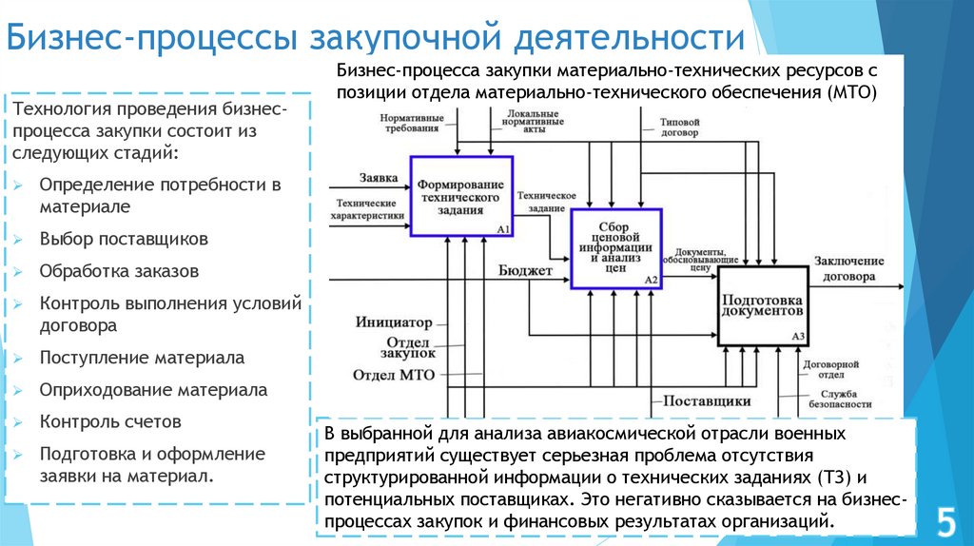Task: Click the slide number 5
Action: [945, 521]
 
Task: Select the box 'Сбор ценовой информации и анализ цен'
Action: [614, 246]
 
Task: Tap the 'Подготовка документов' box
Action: [762, 305]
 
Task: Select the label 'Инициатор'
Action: [394, 322]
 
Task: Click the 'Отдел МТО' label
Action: [393, 374]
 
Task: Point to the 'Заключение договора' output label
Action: [845, 271]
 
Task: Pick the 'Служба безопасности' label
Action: [842, 399]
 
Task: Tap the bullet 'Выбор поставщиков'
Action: [124, 239]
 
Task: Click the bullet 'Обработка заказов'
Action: [119, 270]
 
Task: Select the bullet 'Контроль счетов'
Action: [110, 420]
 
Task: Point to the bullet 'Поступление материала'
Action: [142, 358]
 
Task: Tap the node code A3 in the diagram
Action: [798, 336]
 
